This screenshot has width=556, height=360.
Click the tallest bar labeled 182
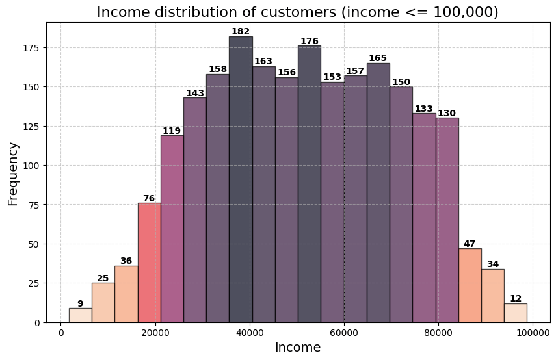coord(241,179)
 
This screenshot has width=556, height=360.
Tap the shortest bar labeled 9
coord(80,315)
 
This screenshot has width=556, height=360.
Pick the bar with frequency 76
coord(149,263)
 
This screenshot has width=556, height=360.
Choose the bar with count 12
coord(516,313)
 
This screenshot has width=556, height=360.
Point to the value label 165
coord(378,58)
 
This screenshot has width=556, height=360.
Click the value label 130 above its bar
coord(447,113)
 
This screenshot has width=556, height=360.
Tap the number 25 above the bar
coord(103,278)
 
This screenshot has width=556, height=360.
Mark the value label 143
coord(195,93)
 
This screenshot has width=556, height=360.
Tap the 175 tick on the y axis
coord(33,48)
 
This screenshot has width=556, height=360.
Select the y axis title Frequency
coord(14,174)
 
